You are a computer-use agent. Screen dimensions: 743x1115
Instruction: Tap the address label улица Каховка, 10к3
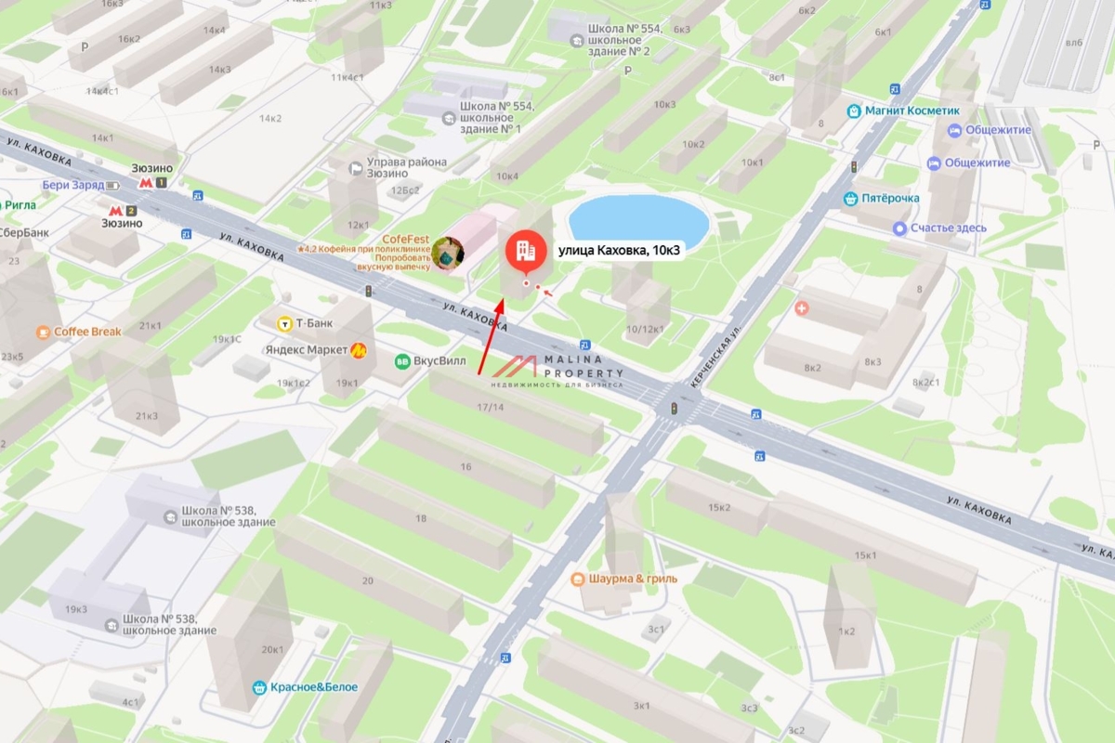click(619, 250)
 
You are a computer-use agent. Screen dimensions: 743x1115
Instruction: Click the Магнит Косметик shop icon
click(853, 111)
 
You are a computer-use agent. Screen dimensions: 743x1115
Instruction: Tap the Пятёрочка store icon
click(849, 199)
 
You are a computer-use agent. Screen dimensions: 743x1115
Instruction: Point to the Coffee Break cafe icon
click(43, 332)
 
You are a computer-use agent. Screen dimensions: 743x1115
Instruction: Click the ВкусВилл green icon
click(402, 362)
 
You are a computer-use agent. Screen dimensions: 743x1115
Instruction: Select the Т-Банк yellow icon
click(284, 323)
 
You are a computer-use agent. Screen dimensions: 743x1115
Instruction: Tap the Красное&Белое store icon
click(260, 687)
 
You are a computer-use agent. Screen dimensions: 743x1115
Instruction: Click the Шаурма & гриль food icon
click(577, 579)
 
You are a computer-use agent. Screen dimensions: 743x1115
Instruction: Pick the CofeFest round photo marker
click(448, 253)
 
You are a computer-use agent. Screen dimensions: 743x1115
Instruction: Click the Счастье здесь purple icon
click(899, 228)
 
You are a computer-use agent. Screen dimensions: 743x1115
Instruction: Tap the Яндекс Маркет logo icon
click(358, 349)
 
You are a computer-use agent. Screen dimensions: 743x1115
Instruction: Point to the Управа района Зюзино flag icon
click(355, 168)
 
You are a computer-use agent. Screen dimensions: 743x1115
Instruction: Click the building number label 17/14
click(490, 407)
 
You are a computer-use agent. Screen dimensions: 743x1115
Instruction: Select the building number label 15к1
click(865, 555)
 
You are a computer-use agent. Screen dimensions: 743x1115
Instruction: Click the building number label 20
click(368, 580)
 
